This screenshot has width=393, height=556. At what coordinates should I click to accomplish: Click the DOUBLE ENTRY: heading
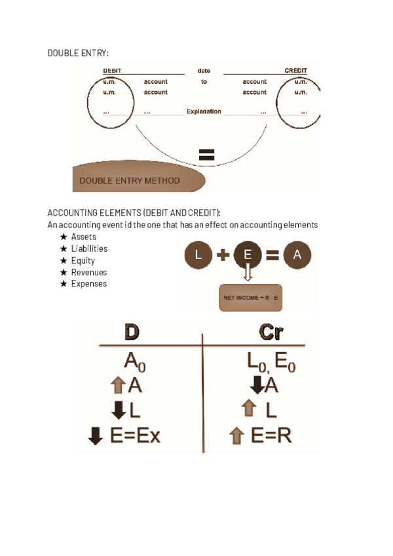click(78, 52)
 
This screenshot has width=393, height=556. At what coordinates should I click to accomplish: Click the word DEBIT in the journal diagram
click(112, 71)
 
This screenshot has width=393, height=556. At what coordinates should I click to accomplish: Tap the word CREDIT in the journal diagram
click(295, 71)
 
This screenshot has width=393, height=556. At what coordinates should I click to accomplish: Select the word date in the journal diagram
click(204, 71)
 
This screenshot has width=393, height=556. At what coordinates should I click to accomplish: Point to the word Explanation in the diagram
click(204, 111)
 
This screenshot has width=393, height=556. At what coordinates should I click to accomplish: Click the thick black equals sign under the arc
click(206, 155)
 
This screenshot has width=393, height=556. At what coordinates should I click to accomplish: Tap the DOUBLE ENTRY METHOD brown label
click(130, 180)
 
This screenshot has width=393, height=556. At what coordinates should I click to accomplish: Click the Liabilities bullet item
click(89, 249)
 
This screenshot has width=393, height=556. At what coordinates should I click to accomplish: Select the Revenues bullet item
click(89, 273)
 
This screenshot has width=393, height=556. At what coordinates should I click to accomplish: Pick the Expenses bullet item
click(89, 285)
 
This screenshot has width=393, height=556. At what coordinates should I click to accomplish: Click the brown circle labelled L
click(199, 256)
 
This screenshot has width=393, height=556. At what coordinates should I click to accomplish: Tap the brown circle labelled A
click(297, 256)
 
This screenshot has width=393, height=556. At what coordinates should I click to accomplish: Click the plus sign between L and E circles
click(223, 256)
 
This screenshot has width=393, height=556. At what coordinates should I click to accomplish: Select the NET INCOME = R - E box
click(250, 298)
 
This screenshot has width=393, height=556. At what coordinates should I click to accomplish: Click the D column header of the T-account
click(132, 333)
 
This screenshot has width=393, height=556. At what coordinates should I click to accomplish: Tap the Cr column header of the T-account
click(271, 333)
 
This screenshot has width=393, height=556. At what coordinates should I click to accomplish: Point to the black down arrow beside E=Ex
click(96, 436)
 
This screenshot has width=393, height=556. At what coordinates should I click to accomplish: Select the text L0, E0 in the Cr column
click(271, 361)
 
